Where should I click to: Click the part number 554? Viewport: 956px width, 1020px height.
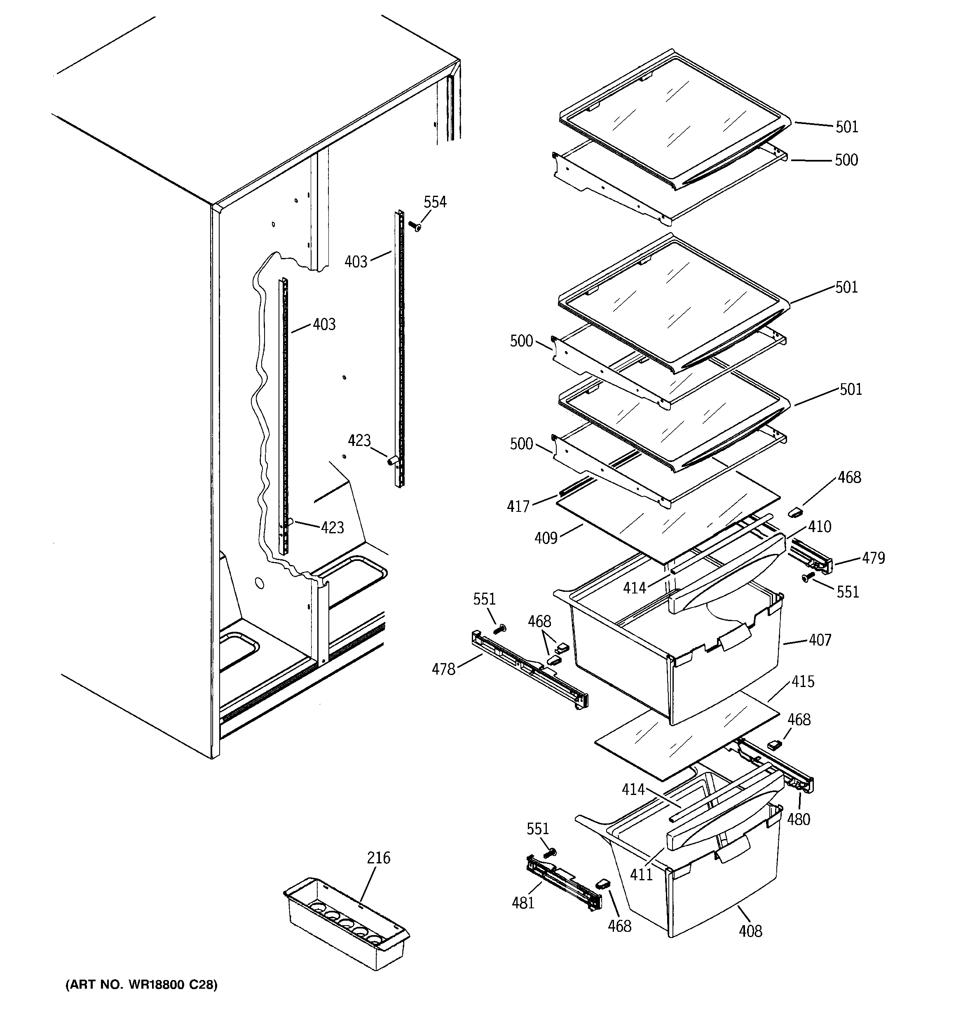tap(435, 202)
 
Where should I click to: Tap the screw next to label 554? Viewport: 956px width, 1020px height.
tap(415, 226)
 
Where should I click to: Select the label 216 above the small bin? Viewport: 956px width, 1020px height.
tap(378, 858)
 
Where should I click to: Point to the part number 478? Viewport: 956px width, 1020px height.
tap(443, 669)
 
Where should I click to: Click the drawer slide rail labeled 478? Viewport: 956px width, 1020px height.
tap(529, 670)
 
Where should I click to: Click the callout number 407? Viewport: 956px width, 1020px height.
tap(820, 640)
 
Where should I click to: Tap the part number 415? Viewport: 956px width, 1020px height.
tap(803, 681)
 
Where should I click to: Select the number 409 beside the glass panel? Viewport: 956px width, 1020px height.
tap(546, 538)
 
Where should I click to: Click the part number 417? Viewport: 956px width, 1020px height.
tap(518, 506)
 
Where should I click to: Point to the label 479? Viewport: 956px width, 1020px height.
tap(874, 558)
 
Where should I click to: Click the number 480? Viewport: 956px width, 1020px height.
tap(799, 819)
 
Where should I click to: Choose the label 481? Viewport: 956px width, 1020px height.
tap(523, 903)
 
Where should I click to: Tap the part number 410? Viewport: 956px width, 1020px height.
tap(820, 526)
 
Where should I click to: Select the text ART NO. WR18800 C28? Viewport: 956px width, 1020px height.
tap(142, 985)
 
